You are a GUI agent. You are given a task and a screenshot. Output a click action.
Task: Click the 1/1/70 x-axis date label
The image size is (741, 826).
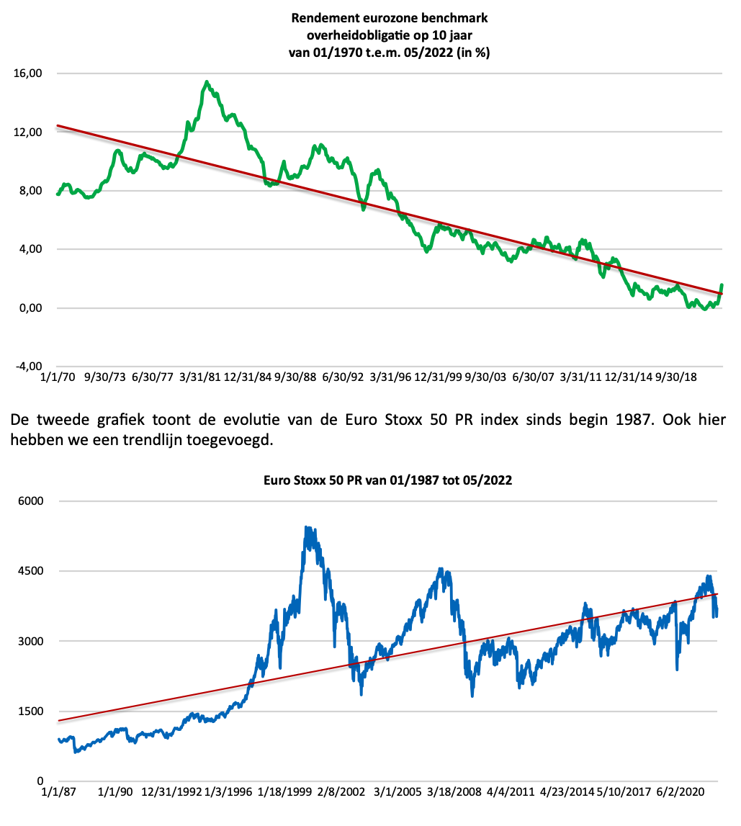pos(59,377)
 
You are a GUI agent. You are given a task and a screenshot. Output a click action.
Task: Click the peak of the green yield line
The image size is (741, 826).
pos(207,82)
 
